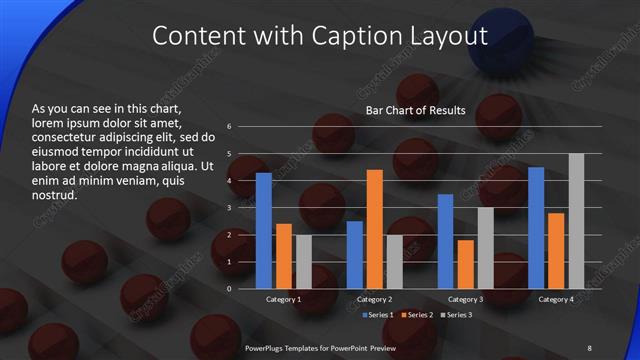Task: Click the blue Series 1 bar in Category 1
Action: click(x=264, y=231)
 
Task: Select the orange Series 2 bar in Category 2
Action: click(x=374, y=229)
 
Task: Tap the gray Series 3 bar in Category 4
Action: click(x=576, y=221)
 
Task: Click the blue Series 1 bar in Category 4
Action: click(x=536, y=228)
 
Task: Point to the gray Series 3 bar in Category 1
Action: click(x=303, y=262)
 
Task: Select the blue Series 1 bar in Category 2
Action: click(x=355, y=255)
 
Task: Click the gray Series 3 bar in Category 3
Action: click(x=485, y=248)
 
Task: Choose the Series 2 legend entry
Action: click(x=416, y=315)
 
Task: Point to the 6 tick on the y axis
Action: click(x=230, y=127)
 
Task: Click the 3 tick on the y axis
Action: click(x=230, y=208)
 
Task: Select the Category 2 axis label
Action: click(x=374, y=299)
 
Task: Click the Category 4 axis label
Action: click(x=556, y=299)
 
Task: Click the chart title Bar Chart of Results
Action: click(x=416, y=110)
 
